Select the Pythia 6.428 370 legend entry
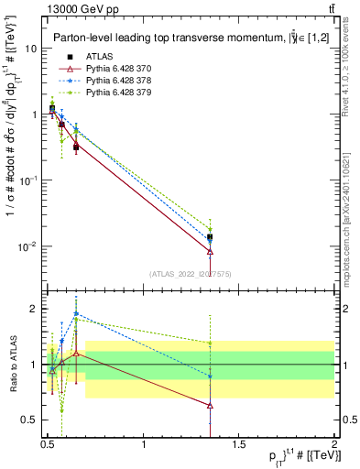[x=115, y=68]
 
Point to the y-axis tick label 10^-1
[x=28, y=180]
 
